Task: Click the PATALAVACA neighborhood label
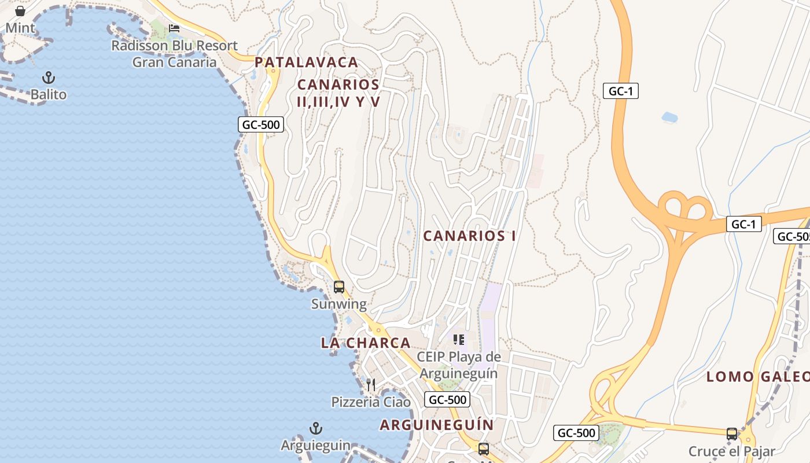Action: click(x=307, y=62)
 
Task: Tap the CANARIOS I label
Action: click(x=469, y=236)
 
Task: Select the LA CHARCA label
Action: click(x=366, y=343)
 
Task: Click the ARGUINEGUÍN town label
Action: click(x=437, y=425)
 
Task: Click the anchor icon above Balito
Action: click(x=49, y=78)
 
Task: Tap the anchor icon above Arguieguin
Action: click(x=315, y=428)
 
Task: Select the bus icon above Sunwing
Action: click(x=339, y=286)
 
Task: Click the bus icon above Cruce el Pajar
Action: click(x=732, y=433)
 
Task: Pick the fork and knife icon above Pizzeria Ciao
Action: click(x=371, y=384)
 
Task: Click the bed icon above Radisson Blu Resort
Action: click(x=174, y=28)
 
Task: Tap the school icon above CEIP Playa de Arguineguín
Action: click(x=459, y=339)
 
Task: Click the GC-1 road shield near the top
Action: click(x=620, y=91)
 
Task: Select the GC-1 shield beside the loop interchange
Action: click(x=744, y=224)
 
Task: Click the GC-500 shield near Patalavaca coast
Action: click(x=261, y=124)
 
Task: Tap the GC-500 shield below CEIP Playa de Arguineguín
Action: click(x=447, y=399)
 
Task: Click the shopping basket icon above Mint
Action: click(x=20, y=10)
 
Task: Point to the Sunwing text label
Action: click(x=339, y=304)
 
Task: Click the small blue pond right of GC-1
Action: click(x=669, y=117)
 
